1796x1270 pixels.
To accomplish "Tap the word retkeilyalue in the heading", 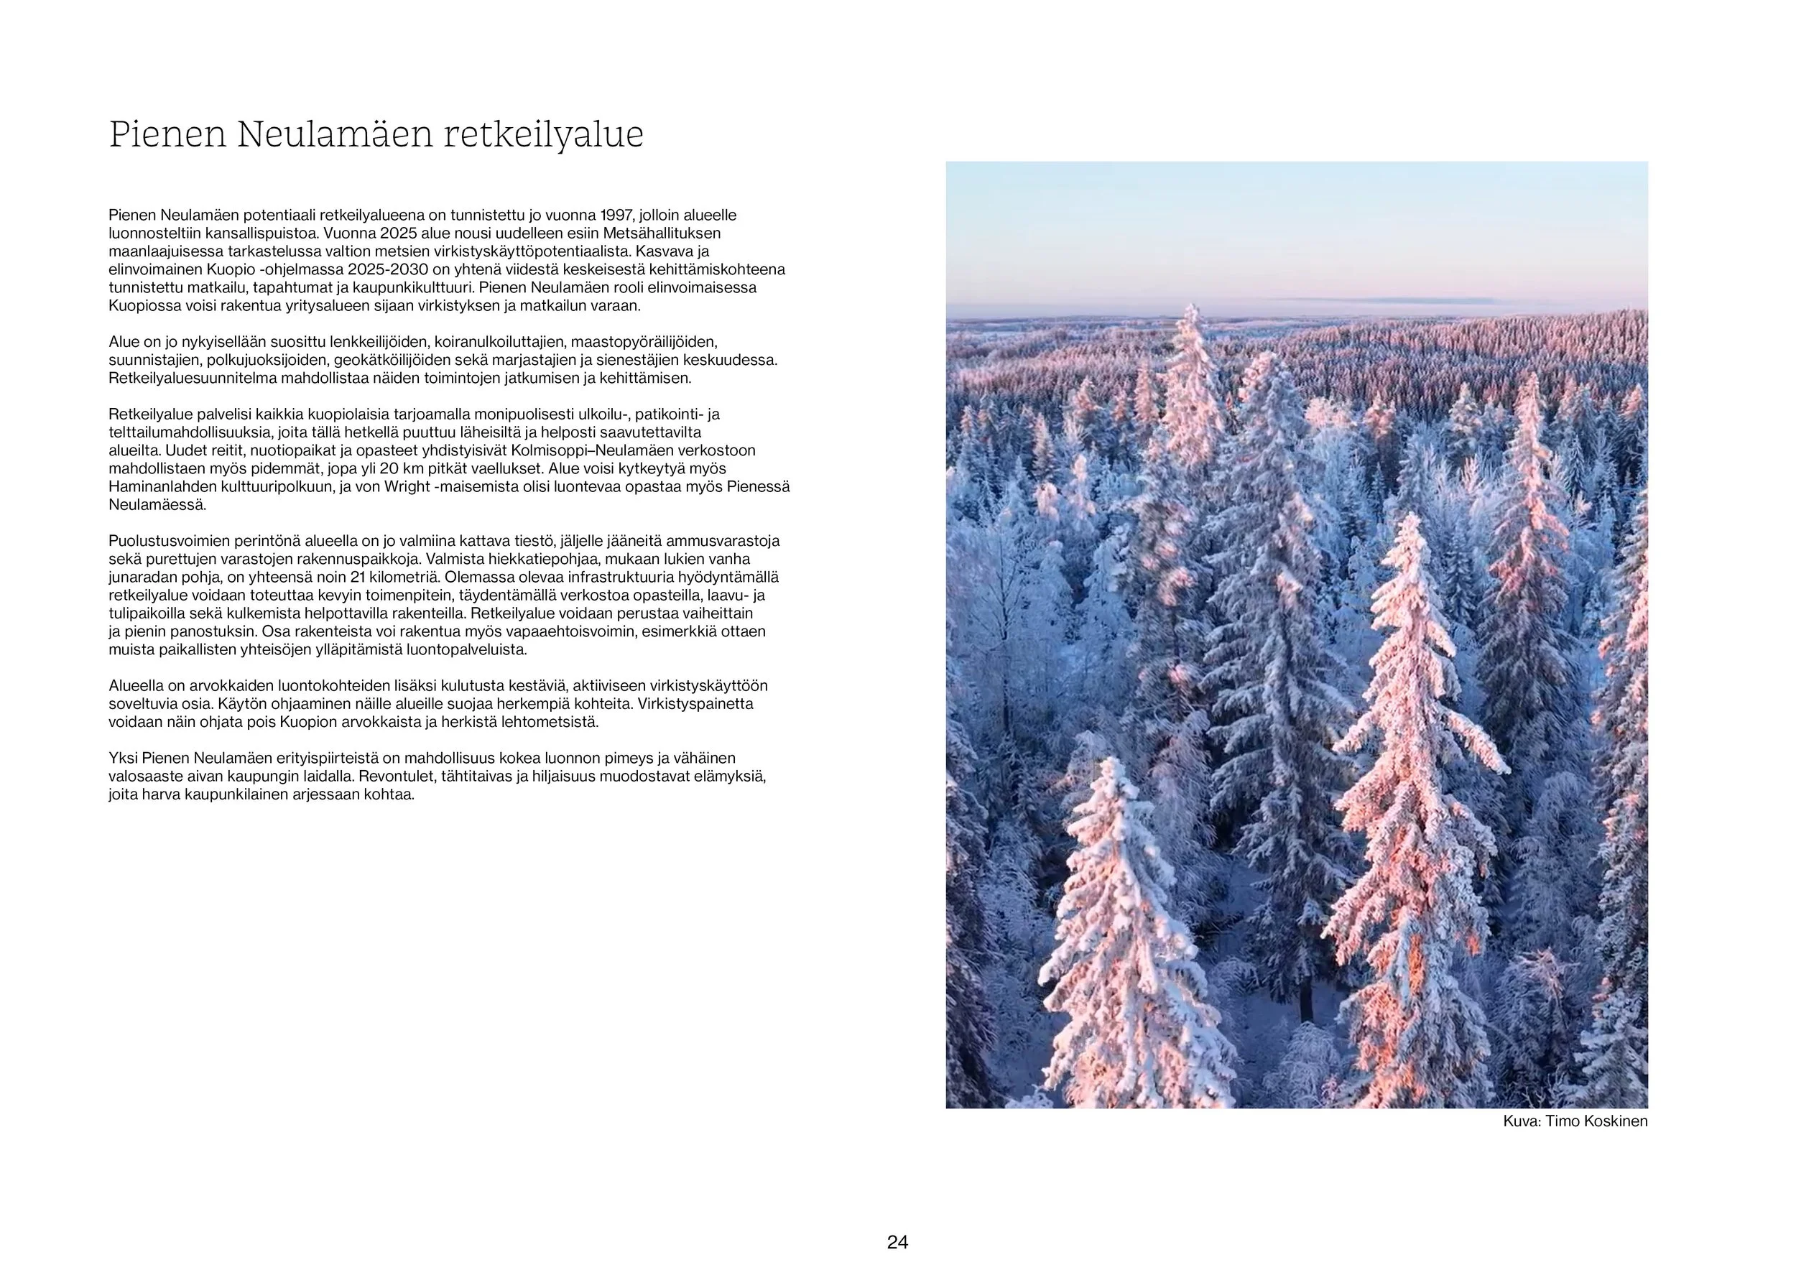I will coord(544,134).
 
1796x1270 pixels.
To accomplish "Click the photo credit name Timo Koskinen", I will coord(1596,1121).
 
